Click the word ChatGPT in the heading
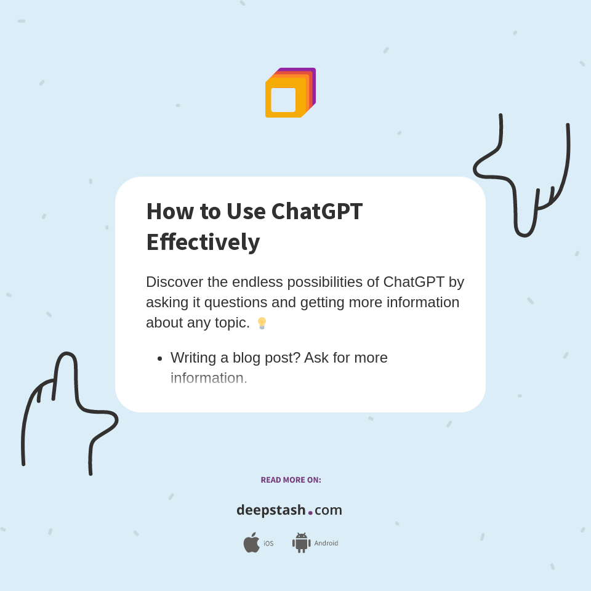click(x=316, y=211)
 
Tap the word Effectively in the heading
click(x=203, y=242)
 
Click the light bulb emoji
click(x=262, y=323)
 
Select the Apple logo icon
click(x=251, y=542)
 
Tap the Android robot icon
click(x=301, y=542)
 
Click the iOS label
click(x=268, y=544)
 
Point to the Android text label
click(x=326, y=543)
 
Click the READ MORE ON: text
click(x=291, y=480)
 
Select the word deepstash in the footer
click(x=271, y=510)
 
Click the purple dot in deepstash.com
click(x=310, y=512)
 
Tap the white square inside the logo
click(x=283, y=100)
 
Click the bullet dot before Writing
click(x=159, y=358)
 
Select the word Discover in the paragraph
click(x=174, y=282)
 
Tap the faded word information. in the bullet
click(x=209, y=378)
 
